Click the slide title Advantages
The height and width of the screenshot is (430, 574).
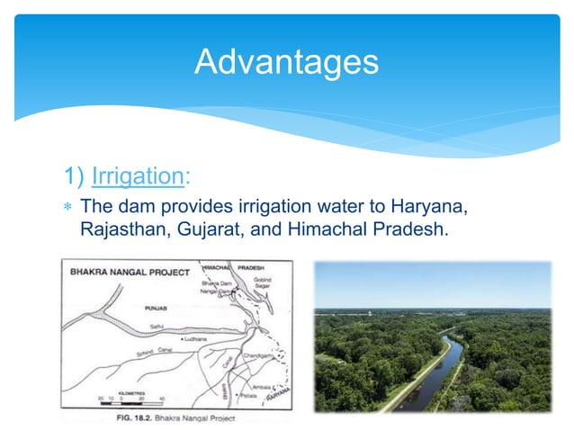[286, 62]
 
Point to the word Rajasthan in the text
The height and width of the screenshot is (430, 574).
[120, 229]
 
